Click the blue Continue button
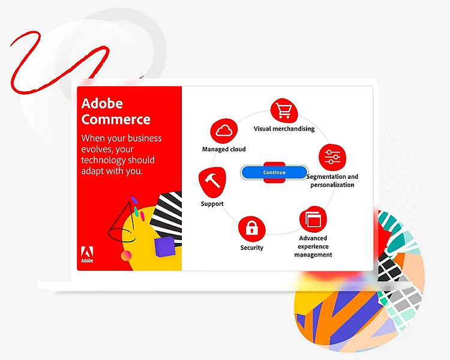274,172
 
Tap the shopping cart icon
284,110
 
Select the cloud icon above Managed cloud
224,131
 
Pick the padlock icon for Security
251,229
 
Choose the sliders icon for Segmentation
332,157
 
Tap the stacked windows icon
313,220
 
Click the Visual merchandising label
284,128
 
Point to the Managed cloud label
224,149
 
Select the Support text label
212,204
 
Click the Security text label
251,247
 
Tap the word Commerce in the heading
116,119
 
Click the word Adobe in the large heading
102,103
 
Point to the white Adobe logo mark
87,254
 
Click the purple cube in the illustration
165,247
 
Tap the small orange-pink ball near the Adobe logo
126,255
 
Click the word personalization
332,185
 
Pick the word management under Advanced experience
313,254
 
